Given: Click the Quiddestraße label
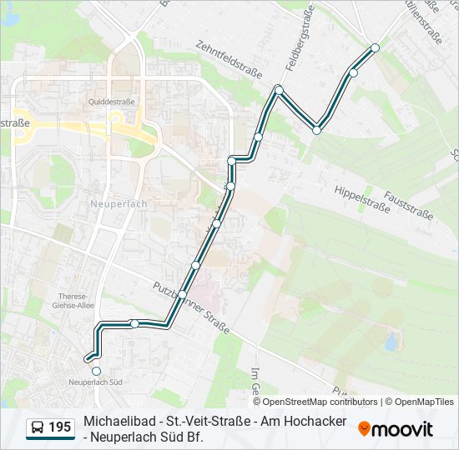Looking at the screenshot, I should coord(112,103).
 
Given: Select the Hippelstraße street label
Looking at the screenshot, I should coord(362,197).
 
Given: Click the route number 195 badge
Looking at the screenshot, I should coord(59,427).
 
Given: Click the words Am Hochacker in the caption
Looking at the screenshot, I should coord(303,422).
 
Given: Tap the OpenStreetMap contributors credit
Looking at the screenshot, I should coord(315,402).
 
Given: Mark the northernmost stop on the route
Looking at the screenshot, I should coord(375,47).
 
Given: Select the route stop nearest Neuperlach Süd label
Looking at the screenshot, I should coord(96,371).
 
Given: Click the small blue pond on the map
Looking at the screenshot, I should coord(391,341).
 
